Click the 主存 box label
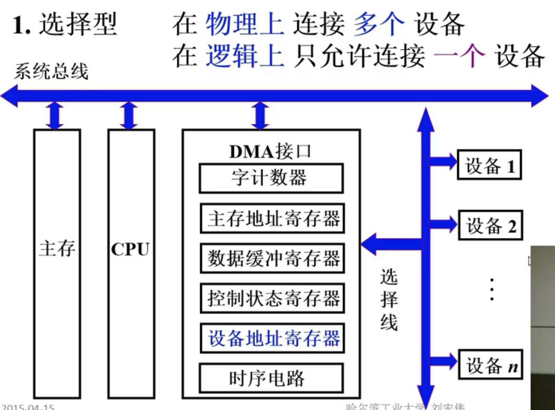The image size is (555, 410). click(x=57, y=249)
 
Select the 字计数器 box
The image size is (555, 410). click(x=270, y=178)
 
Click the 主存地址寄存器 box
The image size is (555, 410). click(x=272, y=219)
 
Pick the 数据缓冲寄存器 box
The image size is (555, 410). click(x=272, y=259)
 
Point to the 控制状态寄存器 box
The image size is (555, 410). click(x=272, y=299)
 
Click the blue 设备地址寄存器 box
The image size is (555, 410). click(x=272, y=339)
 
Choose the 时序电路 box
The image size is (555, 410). click(x=270, y=378)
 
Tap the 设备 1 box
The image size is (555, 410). click(x=489, y=166)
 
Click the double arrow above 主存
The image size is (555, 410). click(x=55, y=116)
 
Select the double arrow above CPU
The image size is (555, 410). click(x=129, y=116)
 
